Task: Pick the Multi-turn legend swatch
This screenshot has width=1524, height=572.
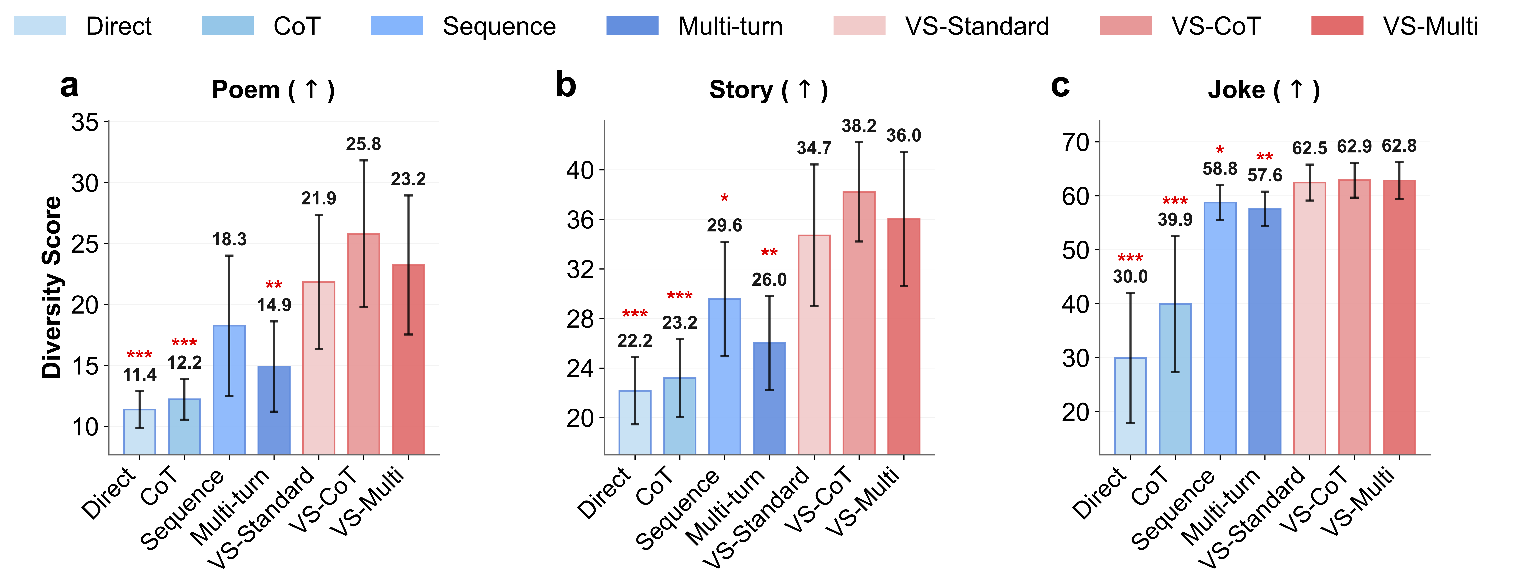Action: click(632, 26)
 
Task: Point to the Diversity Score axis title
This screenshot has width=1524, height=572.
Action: click(52, 287)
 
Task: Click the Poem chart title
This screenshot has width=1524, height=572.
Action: click(273, 90)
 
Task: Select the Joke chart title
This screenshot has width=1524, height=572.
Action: click(1264, 90)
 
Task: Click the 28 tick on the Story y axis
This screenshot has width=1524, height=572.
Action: click(580, 319)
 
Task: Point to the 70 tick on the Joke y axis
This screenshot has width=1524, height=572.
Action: click(1076, 142)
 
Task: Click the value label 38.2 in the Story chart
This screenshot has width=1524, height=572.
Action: click(859, 126)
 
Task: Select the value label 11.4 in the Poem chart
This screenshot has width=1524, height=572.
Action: click(140, 374)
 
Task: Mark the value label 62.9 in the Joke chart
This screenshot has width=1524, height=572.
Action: click(1354, 146)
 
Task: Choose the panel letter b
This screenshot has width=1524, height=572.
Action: click(566, 86)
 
